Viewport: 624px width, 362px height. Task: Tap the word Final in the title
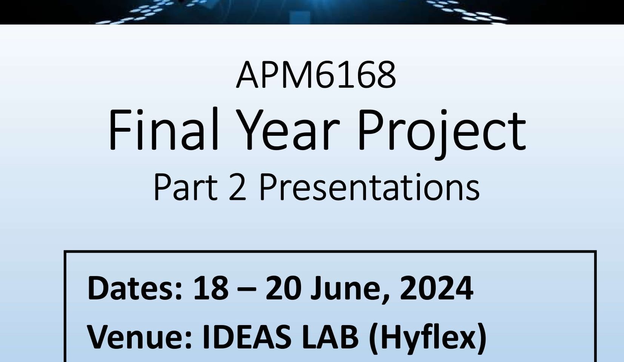point(163,129)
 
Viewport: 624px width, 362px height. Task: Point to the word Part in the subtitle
point(185,187)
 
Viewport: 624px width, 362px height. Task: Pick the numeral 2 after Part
point(238,187)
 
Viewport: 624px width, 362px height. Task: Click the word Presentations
point(369,187)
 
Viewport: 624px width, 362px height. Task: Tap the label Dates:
point(135,288)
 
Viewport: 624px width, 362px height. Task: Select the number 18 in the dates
point(211,288)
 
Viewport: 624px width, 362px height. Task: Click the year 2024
point(436,288)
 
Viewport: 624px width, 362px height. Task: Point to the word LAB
point(330,337)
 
